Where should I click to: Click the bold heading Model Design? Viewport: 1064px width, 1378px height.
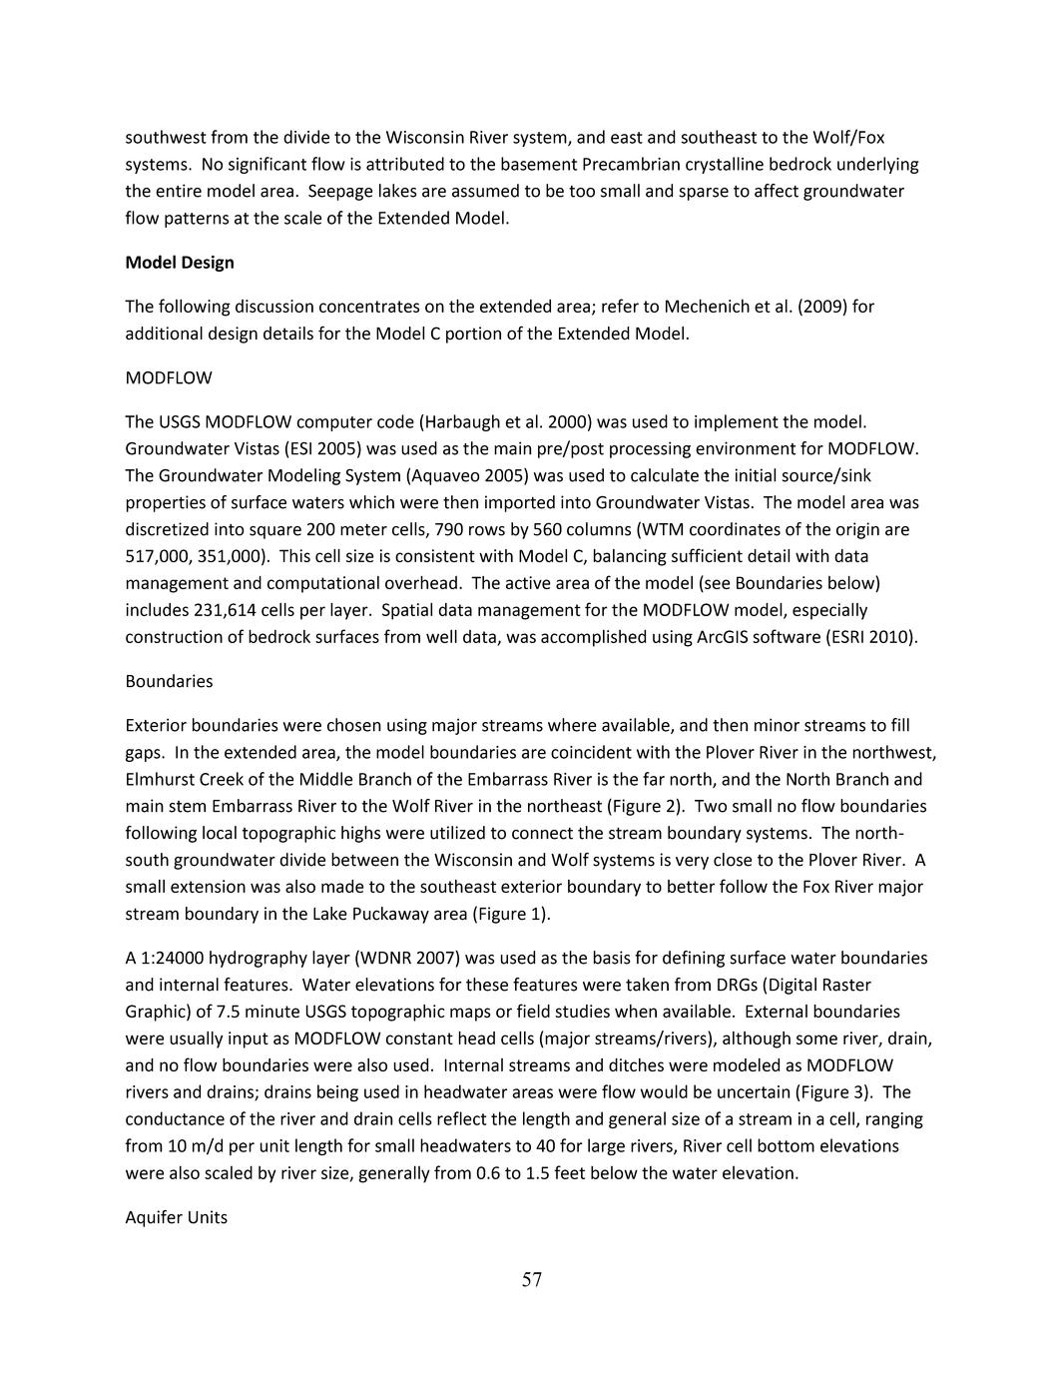click(x=180, y=263)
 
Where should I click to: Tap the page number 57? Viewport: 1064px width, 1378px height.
click(x=532, y=1280)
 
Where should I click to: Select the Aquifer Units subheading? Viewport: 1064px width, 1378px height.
click(x=176, y=1217)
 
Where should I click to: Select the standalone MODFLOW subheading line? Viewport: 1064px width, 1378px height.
click(x=169, y=378)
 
